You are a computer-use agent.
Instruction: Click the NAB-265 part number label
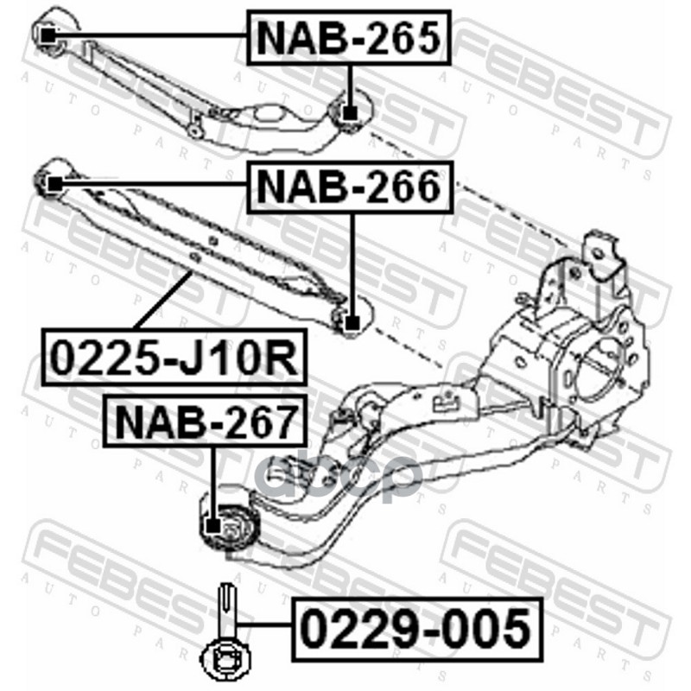pyautogui.click(x=349, y=38)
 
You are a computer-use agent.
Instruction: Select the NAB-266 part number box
pyautogui.click(x=351, y=187)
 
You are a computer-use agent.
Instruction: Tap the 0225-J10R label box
pyautogui.click(x=174, y=358)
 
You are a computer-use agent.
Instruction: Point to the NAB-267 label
pyautogui.click(x=204, y=421)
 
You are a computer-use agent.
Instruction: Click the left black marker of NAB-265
pyautogui.click(x=48, y=35)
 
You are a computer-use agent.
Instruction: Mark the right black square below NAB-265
pyautogui.click(x=350, y=113)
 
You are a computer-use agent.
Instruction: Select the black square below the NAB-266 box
pyautogui.click(x=352, y=324)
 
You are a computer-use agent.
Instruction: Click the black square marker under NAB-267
pyautogui.click(x=213, y=526)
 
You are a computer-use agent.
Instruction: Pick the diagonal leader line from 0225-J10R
pyautogui.click(x=163, y=301)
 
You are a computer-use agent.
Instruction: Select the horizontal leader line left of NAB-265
pyautogui.click(x=150, y=35)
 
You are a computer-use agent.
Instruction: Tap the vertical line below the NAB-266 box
pyautogui.click(x=352, y=265)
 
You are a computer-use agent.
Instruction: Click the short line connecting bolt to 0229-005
pyautogui.click(x=264, y=624)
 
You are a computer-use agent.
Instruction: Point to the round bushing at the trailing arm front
pyautogui.click(x=229, y=526)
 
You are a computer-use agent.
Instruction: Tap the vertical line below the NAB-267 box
pyautogui.click(x=213, y=483)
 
